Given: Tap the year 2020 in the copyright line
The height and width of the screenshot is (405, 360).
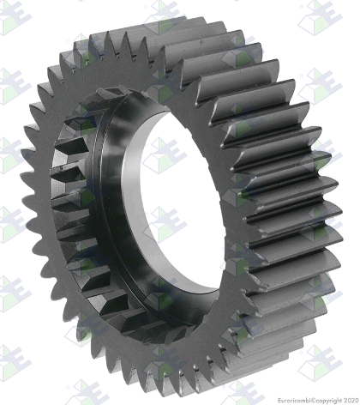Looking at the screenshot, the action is point(351,400).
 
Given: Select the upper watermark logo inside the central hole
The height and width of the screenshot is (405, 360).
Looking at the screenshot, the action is point(165,155).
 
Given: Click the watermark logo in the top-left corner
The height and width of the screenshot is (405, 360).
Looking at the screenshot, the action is point(15,17).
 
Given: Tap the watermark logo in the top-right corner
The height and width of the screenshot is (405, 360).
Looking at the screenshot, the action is point(320,17).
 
